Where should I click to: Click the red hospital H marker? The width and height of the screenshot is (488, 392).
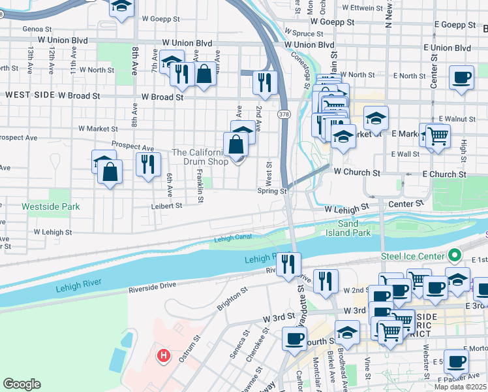[164, 356]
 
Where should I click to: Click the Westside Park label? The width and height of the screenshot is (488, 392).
[50, 206]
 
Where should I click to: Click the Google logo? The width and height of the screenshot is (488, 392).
[22, 384]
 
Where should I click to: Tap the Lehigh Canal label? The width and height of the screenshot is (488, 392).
[232, 238]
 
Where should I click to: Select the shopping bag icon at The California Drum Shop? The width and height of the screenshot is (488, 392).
[236, 145]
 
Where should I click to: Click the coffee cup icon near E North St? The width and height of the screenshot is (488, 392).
[461, 78]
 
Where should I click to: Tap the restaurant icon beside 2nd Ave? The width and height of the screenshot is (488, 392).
[265, 82]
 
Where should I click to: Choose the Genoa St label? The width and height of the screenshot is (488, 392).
[36, 29]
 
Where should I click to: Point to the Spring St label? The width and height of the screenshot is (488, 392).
[272, 191]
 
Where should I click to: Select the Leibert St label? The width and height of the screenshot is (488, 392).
[167, 205]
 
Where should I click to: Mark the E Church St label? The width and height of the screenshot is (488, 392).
[444, 174]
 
